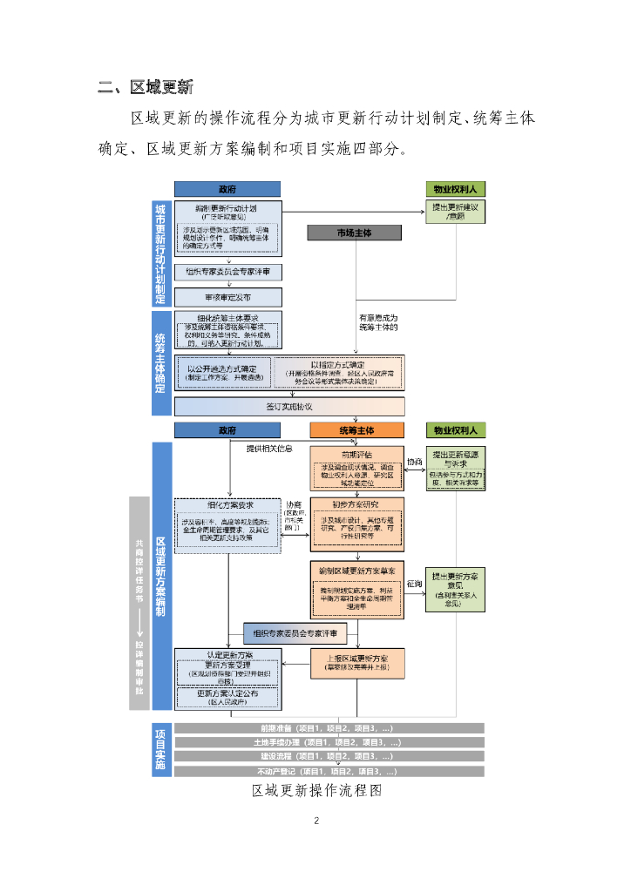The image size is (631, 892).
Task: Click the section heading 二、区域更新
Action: point(146,87)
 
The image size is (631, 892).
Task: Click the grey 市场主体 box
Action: point(354,233)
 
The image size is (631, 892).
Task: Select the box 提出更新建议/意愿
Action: point(455,213)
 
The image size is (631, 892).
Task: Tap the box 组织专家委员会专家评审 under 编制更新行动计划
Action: point(227,273)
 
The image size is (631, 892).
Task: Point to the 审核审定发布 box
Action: point(227,297)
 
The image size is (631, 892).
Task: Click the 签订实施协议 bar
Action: point(289,407)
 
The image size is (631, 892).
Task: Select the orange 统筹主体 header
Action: point(357,430)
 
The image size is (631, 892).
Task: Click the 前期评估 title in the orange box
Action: point(357,455)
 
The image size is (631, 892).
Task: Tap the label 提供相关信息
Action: point(270,449)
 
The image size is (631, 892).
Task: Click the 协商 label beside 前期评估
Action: point(415,462)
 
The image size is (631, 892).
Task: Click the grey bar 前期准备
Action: point(328,728)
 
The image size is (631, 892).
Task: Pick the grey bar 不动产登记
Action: point(328,771)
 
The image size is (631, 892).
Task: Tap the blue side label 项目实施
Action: point(161,749)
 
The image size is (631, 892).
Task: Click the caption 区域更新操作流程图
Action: point(316,791)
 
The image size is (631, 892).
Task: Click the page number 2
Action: point(316,821)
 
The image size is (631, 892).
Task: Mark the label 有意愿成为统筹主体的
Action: point(378,322)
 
